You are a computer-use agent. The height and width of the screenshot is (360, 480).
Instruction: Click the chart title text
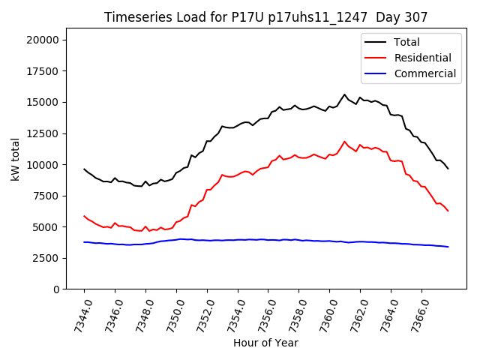click(265, 17)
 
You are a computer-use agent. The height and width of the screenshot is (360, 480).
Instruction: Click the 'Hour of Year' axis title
click(265, 343)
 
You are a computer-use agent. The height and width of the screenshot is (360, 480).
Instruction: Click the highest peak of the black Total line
click(345, 94)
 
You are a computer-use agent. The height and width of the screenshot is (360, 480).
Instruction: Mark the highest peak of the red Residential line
click(345, 142)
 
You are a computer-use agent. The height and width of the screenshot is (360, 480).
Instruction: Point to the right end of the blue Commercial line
click(448, 247)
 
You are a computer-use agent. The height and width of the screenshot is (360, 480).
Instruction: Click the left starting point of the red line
click(84, 216)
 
